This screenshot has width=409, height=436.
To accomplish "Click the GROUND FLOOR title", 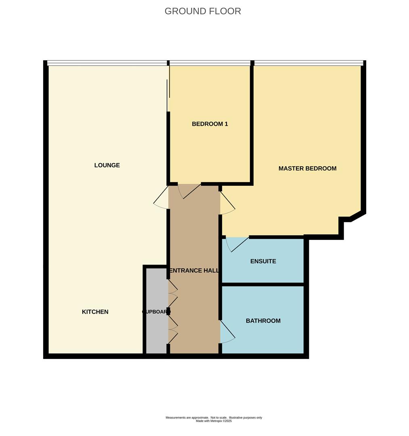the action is tap(203, 11).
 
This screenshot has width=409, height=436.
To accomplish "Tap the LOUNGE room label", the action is tap(107, 165).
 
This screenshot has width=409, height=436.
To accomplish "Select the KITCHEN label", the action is tap(95, 312).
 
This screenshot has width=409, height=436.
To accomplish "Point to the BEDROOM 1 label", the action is tap(210, 124).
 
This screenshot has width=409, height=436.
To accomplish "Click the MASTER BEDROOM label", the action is tap(308, 168).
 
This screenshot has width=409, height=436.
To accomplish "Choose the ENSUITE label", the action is tap(263, 261).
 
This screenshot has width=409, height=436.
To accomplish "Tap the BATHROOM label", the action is tap(263, 321).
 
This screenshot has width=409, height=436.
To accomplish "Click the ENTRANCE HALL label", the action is tap(194, 270).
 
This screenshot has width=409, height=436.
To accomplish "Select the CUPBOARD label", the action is tap(156, 312).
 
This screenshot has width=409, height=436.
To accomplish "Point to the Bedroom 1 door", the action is tap(191, 191).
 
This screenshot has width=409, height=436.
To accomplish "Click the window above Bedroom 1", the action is tap(210, 63).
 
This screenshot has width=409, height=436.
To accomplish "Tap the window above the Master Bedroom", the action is tap(308, 63).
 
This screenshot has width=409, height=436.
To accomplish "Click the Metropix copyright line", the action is tap(214, 421).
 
